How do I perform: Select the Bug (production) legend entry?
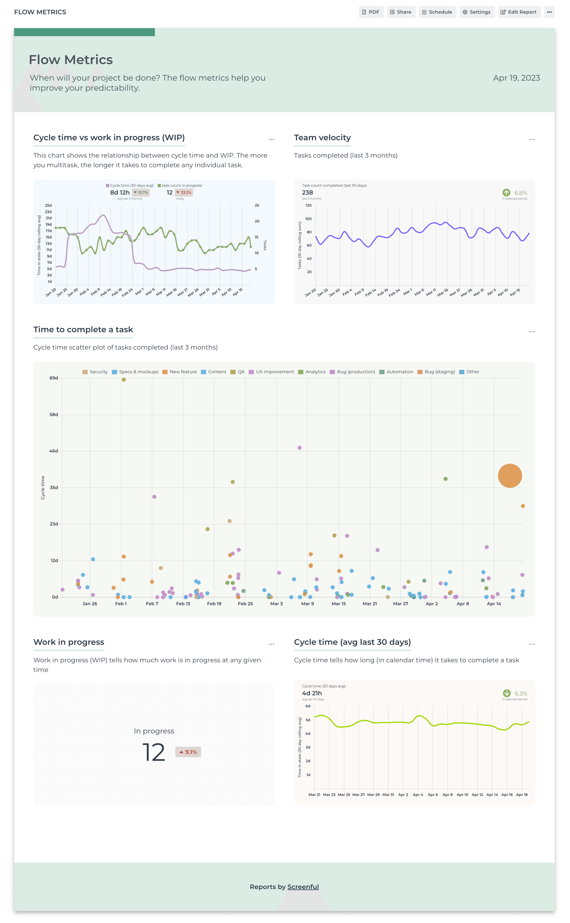353,372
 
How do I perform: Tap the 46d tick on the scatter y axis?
54,451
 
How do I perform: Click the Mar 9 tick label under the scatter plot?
308,604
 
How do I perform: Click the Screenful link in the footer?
303,887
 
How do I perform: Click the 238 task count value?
307,193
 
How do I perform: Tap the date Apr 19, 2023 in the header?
516,78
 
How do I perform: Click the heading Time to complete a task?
83,330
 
